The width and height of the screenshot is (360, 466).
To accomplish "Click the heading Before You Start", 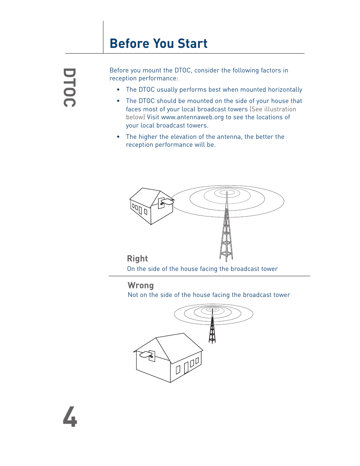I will click(x=158, y=44).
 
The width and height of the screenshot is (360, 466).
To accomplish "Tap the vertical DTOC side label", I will click(x=69, y=88).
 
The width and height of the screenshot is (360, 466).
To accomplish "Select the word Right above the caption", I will click(x=137, y=259).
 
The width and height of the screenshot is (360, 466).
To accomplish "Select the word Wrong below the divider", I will click(x=141, y=286).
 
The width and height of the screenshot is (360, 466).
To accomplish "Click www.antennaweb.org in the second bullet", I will click(x=192, y=117).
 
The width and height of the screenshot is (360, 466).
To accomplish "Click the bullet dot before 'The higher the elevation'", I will click(x=118, y=137).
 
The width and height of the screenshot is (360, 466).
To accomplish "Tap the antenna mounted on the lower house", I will click(x=147, y=355).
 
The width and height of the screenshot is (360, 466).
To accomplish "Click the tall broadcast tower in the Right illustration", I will click(x=226, y=234).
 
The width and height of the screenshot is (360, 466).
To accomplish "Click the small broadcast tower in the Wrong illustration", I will click(x=212, y=328).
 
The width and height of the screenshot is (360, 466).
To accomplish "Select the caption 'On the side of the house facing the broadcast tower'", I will click(x=202, y=269).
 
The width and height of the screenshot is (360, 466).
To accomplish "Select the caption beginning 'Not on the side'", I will click(x=209, y=295).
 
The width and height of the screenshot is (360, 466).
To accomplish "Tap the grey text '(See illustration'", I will click(x=273, y=109).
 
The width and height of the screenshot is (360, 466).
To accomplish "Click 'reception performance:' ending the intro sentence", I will click(x=143, y=78).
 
